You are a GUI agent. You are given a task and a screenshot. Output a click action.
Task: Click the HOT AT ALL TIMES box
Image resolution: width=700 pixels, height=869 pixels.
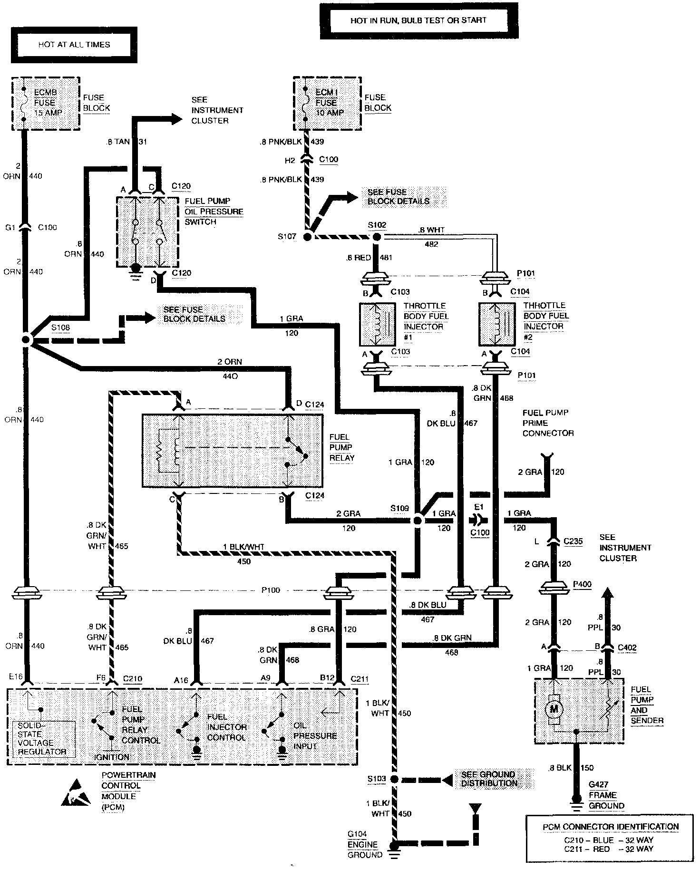(74, 45)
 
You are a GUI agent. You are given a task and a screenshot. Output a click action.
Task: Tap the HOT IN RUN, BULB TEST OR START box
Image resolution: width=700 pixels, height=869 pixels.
(418, 20)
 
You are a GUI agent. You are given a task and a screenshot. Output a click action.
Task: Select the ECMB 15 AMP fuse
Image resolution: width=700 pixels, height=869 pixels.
(46, 103)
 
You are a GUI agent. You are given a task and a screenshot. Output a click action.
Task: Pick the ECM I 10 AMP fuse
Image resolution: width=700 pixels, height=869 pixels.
(327, 103)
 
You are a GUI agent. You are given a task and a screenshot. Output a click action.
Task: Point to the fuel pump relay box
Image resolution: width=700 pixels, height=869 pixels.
(232, 450)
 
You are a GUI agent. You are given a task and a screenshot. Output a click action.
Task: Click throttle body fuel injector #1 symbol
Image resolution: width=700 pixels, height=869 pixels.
(378, 324)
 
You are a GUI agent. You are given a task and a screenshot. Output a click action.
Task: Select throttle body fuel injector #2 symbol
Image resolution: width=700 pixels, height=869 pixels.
(497, 324)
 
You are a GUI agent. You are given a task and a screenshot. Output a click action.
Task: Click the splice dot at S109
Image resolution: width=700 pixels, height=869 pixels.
(417, 521)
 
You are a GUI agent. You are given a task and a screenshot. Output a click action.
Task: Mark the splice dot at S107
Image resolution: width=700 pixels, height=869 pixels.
(308, 236)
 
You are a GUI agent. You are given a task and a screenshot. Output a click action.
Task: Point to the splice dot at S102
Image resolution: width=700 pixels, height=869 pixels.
(377, 236)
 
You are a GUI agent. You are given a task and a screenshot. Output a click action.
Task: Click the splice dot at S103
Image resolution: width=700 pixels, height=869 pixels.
(394, 779)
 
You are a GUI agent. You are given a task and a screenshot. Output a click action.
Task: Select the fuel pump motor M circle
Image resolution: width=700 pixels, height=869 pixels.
(554, 709)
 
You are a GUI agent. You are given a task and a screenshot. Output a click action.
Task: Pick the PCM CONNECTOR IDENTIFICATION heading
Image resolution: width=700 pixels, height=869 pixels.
(611, 827)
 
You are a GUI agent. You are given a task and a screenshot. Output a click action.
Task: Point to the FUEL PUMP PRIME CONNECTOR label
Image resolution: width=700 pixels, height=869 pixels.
(548, 423)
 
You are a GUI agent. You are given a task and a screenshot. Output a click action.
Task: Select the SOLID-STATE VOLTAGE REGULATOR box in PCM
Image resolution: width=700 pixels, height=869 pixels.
(43, 739)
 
